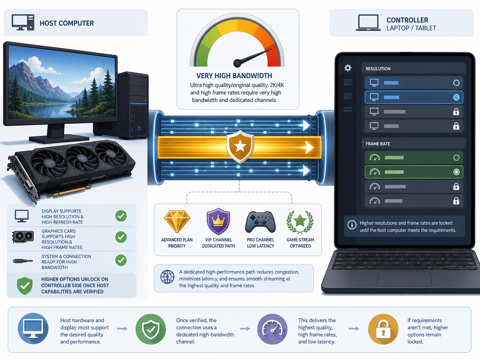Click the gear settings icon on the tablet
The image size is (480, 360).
pyautogui.click(x=348, y=67)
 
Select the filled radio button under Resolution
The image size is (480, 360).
pyautogui.click(x=456, y=97)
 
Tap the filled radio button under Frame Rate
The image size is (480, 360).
pyautogui.click(x=456, y=172)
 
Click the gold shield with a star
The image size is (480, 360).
pyautogui.click(x=240, y=147)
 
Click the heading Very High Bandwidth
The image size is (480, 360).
pyautogui.click(x=234, y=75)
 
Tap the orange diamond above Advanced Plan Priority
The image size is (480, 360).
pyautogui.click(x=177, y=222)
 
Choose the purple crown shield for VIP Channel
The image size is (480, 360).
pyautogui.click(x=218, y=221)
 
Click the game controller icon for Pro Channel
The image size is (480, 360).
pyautogui.click(x=261, y=222)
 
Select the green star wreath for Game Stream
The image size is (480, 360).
pyautogui.click(x=300, y=222)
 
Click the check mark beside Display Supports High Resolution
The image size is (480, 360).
pyautogui.click(x=121, y=216)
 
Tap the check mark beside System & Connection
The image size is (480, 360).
pyautogui.click(x=121, y=260)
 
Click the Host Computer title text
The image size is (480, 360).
pyautogui.click(x=67, y=23)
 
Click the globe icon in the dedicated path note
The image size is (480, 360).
pyautogui.click(x=167, y=277)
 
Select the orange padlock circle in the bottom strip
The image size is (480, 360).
pyautogui.click(x=383, y=329)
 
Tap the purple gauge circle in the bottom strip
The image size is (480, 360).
pyautogui.click(x=272, y=329)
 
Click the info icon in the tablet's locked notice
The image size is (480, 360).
pyautogui.click(x=352, y=225)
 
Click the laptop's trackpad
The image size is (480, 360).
pyautogui.click(x=404, y=278)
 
